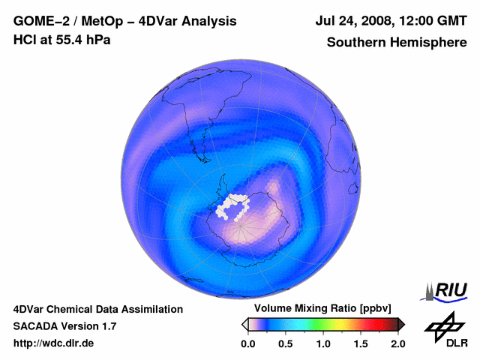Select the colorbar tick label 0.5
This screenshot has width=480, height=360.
pos(285,343)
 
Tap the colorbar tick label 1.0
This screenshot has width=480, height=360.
pos(322,343)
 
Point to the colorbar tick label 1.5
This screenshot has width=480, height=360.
pos(360,343)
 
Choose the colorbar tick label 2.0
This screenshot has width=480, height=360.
pos(397,343)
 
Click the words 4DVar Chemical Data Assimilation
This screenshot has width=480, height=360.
pos(97,309)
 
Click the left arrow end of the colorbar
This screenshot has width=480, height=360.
pos(244,324)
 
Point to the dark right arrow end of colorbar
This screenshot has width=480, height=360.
pos(401,324)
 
